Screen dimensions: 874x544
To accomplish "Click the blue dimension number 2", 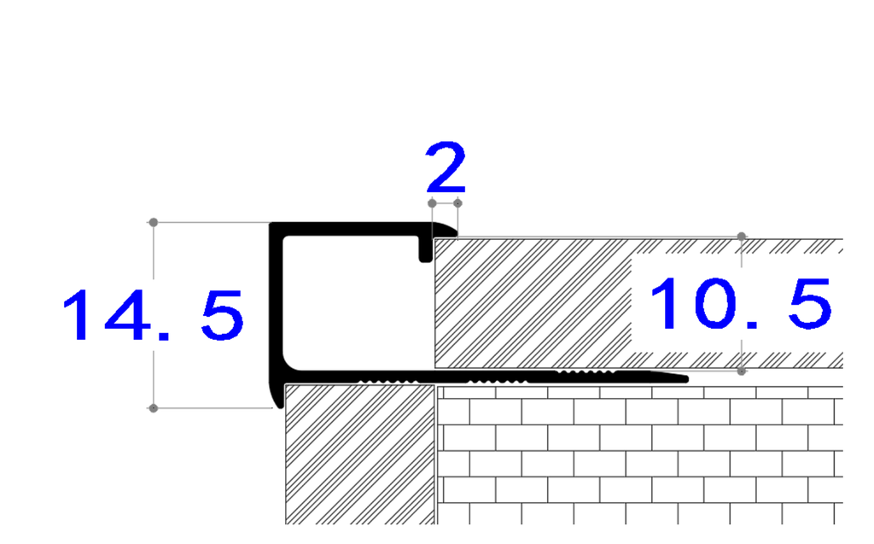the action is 446,167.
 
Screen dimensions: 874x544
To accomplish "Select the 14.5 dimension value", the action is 154,315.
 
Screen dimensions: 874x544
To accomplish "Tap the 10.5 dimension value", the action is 742,303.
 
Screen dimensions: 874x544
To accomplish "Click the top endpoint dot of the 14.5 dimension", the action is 154,222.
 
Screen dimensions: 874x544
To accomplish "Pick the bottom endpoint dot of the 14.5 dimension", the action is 154,408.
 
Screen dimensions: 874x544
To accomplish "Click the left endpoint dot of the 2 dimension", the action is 432,203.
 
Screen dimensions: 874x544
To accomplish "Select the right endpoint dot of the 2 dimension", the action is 457,203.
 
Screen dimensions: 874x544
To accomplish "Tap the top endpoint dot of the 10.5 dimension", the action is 742,237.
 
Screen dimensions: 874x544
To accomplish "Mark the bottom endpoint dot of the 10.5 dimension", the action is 742,371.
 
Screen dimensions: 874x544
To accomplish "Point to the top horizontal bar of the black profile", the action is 357,229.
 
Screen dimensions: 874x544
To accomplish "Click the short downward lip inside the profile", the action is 426,249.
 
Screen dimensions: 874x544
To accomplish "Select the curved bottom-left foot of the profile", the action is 277,395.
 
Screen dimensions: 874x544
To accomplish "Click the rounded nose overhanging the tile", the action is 446,230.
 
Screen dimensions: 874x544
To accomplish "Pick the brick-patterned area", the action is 640,455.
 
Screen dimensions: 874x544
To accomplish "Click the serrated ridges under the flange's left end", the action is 388,382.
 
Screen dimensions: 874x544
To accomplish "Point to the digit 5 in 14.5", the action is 223,315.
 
